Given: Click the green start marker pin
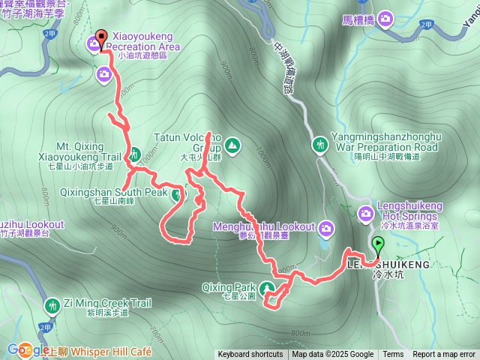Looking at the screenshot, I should (378, 244).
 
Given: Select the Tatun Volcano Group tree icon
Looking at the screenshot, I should (232, 143).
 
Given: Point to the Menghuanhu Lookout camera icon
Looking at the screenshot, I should (326, 227).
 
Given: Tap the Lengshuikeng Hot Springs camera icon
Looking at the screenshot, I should (365, 214).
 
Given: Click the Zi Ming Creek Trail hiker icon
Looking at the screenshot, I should (52, 305).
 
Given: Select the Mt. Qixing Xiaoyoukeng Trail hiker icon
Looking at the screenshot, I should (134, 155).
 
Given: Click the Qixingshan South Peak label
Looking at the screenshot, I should (114, 192).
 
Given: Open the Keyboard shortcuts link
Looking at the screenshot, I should (250, 355).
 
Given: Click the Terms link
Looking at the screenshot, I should (393, 355).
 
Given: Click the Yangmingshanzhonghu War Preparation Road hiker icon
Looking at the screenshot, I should (320, 143).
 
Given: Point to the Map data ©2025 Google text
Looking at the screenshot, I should (332, 355).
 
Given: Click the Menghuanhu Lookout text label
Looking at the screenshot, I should (274, 226).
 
